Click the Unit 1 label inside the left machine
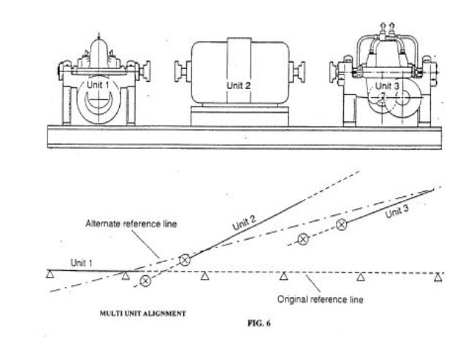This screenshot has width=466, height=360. point(98,85)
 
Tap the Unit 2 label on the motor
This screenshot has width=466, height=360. point(238,85)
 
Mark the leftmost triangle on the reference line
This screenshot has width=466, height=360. point(48,275)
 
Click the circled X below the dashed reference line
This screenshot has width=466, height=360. point(145,280)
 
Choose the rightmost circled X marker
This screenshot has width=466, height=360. point(341,226)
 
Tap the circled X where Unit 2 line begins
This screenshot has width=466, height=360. point(185,259)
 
